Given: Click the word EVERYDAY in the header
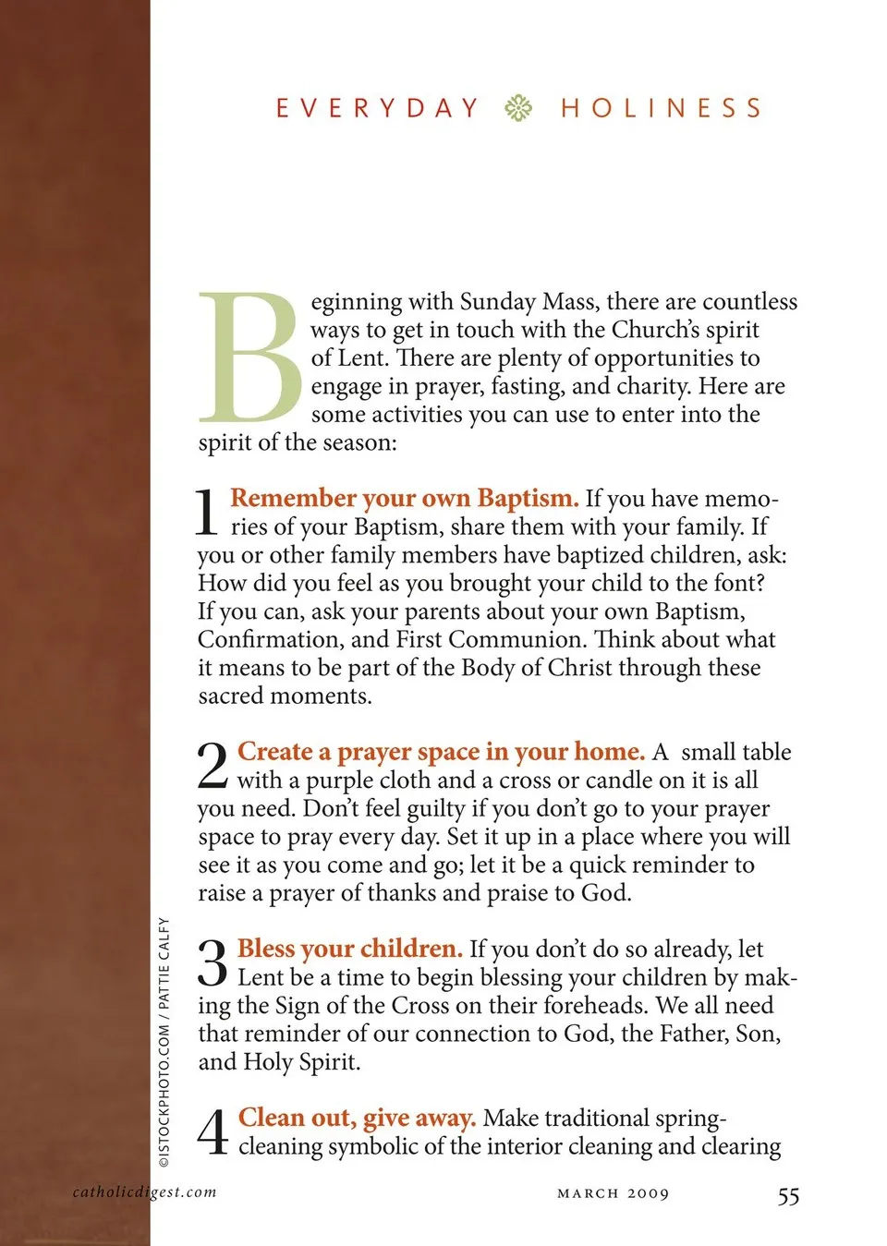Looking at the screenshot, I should (x=378, y=108).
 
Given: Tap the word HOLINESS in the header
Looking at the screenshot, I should (x=662, y=108).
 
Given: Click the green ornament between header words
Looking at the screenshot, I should (x=518, y=108).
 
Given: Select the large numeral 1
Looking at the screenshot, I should (x=208, y=513).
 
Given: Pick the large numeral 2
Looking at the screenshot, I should (x=213, y=766).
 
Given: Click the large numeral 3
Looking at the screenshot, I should (x=213, y=962).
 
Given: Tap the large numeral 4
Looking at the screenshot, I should (x=213, y=1131).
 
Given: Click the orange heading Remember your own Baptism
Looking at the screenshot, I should (x=405, y=499).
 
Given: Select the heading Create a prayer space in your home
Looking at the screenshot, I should (x=441, y=752).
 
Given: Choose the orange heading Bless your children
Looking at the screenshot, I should (x=350, y=949).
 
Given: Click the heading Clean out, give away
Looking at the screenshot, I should (x=358, y=1118).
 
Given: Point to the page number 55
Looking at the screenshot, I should (x=788, y=1196).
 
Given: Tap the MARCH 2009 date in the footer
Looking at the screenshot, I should (x=614, y=1193).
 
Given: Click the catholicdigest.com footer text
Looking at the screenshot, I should (x=145, y=1192).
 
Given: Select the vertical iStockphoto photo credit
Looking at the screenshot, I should (x=164, y=1042).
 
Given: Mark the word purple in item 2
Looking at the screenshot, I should (x=341, y=780).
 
